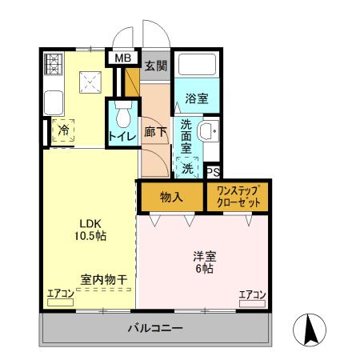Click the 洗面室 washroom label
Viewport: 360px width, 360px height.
(186, 135)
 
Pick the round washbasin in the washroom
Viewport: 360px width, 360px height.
(209, 131)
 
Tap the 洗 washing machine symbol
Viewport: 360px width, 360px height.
(187, 168)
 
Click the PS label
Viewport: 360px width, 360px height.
(213, 172)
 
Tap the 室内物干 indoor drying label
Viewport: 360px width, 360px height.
(104, 279)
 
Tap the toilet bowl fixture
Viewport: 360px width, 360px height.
(122, 116)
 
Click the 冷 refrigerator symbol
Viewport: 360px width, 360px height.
(62, 131)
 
